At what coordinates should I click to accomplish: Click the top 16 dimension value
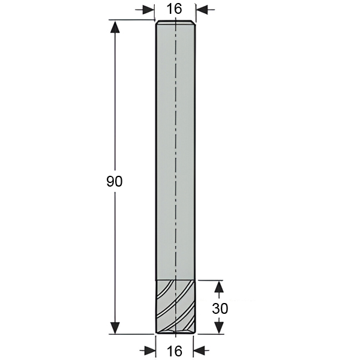pos(174,9)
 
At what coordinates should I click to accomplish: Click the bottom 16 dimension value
pos(175,351)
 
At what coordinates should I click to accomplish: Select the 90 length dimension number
pos(115,181)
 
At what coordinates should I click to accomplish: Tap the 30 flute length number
pos(220,308)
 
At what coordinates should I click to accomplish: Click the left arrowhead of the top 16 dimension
pos(148,10)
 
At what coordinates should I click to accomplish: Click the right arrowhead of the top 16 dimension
pos(202,10)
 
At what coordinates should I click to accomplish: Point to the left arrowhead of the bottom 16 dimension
pos(149,350)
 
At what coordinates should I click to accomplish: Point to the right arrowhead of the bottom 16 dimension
pos(199,350)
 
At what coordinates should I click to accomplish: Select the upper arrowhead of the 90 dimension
pos(115,27)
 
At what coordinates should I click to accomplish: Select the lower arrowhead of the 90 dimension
pos(115,328)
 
